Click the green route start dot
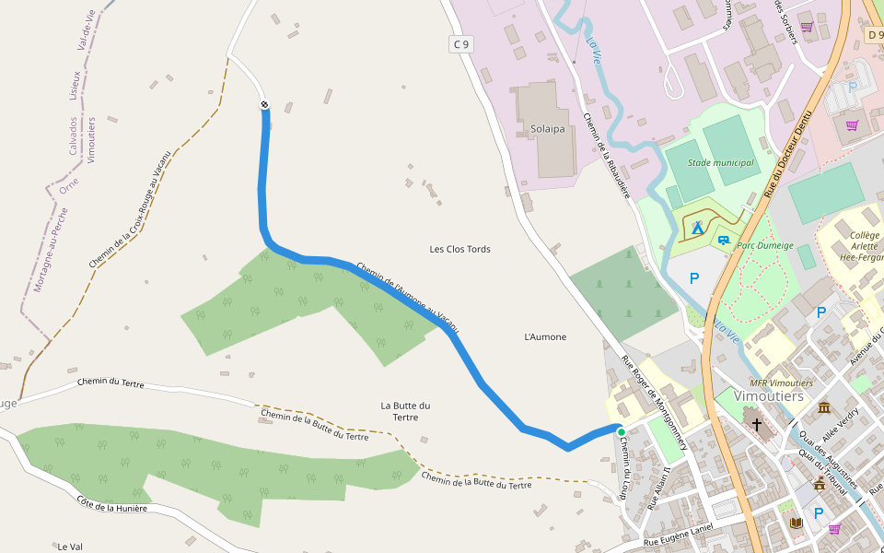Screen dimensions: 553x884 point(621,431)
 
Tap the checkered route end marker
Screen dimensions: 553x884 point(264,105)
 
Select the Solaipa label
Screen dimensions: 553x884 point(547,128)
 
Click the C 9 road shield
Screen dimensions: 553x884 point(460,43)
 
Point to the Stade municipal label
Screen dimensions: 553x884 point(720,163)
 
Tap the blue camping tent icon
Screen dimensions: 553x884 point(697,226)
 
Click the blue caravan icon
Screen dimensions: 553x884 point(724,240)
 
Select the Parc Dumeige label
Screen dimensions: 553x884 point(765,246)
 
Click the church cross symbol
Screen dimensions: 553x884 point(757,425)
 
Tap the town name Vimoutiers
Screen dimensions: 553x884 point(769,396)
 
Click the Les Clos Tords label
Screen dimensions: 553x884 point(459,250)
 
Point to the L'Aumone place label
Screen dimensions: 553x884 point(545,337)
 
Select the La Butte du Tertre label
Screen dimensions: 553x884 point(405,411)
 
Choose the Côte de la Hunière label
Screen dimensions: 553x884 point(111,508)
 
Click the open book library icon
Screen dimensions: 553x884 point(796,523)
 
